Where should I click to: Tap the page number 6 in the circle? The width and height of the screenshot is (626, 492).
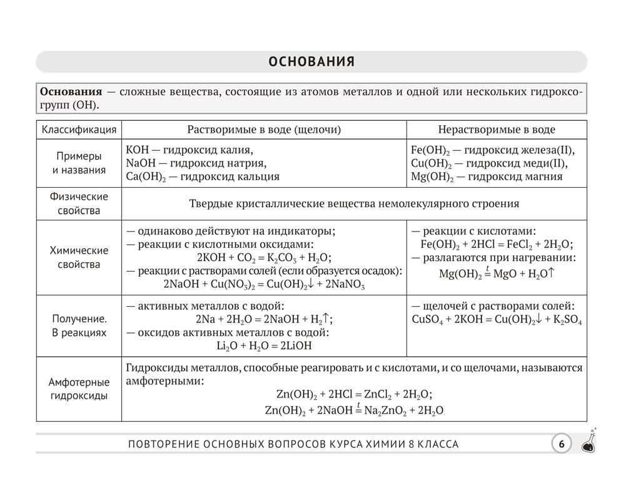click(x=561, y=444)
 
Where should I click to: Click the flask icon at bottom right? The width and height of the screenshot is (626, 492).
click(x=588, y=441)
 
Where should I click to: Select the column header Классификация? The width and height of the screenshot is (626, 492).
click(x=79, y=130)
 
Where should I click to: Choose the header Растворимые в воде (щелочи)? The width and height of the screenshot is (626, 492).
click(x=264, y=130)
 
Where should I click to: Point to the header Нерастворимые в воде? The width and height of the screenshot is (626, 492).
click(x=497, y=130)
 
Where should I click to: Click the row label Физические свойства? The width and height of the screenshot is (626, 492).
click(x=79, y=203)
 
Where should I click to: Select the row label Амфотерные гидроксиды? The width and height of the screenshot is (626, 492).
click(x=79, y=389)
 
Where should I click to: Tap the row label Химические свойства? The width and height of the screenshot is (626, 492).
click(x=79, y=257)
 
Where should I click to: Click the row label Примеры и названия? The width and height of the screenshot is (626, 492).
click(x=79, y=163)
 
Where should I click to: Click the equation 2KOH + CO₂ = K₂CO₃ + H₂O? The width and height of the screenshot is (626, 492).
click(x=263, y=257)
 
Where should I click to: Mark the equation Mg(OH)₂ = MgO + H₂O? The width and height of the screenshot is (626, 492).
click(x=497, y=273)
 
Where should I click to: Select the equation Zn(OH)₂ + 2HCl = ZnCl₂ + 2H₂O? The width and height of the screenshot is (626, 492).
click(x=354, y=395)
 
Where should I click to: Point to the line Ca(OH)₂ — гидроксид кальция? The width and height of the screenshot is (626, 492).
click(x=203, y=177)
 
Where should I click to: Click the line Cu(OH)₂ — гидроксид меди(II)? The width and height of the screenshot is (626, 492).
click(x=489, y=163)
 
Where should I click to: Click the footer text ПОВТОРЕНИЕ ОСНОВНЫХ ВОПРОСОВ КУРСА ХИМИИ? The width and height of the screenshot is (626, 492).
click(x=293, y=444)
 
